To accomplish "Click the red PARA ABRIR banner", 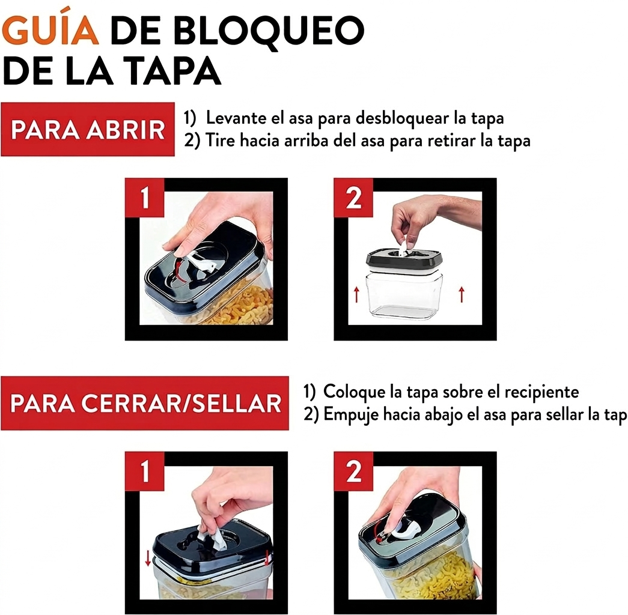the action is pos(88,129).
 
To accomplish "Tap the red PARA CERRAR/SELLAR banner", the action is pos(145,403).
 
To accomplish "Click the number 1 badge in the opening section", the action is pos(145,198).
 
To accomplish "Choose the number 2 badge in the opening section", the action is pos(353,198).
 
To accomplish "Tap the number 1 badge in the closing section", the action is pos(145,471).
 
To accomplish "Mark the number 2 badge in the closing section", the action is pos(353,471).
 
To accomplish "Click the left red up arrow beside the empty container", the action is pos(356,295).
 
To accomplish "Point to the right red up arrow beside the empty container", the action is pos(462,295).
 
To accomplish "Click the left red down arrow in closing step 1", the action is pos(148,558).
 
